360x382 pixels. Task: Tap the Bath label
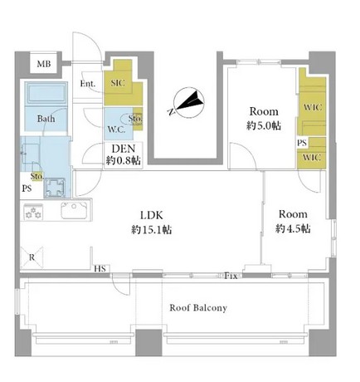coord(46,118)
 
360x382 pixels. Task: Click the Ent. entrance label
coord(89,84)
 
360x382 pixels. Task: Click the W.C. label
coord(116,130)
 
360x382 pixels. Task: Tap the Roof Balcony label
coord(198,307)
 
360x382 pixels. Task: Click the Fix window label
coord(233,274)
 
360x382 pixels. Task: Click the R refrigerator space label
coord(32,257)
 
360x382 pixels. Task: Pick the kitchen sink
coord(69,210)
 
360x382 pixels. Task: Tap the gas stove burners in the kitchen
coord(36,213)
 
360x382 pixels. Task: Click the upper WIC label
coord(313,106)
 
